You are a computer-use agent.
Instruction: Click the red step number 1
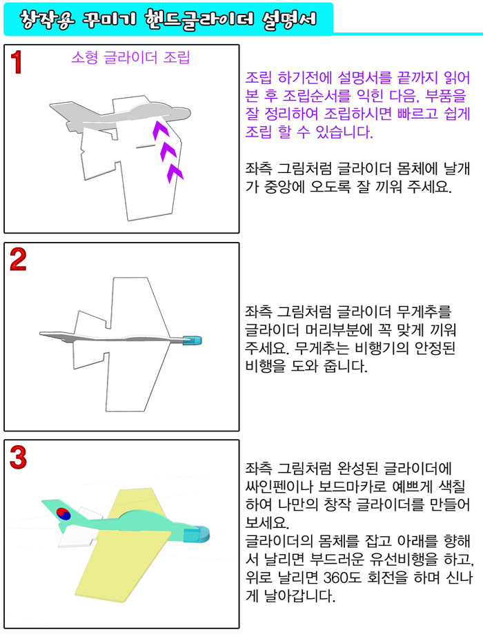click(16, 62)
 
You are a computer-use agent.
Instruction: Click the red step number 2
click(18, 259)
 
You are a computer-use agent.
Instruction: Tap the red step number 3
click(18, 458)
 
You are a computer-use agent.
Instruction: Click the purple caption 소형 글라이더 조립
click(130, 57)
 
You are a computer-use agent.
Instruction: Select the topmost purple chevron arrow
click(160, 130)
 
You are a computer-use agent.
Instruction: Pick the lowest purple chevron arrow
click(175, 173)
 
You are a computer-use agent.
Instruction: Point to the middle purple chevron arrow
click(168, 152)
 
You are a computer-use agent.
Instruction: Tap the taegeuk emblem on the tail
click(63, 513)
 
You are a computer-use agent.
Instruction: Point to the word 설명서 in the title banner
click(288, 19)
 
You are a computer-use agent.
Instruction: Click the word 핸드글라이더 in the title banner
click(199, 19)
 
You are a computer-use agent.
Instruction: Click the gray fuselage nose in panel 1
click(180, 112)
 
